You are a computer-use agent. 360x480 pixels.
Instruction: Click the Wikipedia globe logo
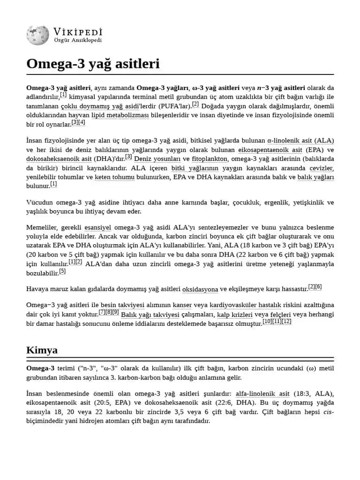pos(37,36)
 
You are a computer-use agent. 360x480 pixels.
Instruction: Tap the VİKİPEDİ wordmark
pos(78,32)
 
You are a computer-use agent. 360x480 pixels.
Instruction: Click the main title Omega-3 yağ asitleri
pos(93,63)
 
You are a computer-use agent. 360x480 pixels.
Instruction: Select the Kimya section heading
pos(42,350)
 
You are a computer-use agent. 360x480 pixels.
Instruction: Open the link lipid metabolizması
pos(120,115)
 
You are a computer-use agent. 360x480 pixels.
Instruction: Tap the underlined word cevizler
pos(321,168)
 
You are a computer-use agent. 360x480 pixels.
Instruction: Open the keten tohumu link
pos(114,177)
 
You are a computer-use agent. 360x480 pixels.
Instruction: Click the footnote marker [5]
pos(62,271)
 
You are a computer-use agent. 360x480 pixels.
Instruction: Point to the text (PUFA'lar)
pos(174,106)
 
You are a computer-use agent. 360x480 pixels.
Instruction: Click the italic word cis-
pos(328,412)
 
